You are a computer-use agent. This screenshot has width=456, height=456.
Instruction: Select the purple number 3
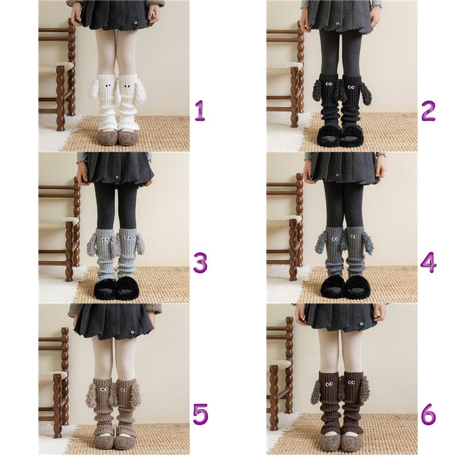[x=201, y=263]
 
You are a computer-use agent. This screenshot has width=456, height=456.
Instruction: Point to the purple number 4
[x=429, y=263]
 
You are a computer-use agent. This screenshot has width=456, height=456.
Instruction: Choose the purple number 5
[x=201, y=414]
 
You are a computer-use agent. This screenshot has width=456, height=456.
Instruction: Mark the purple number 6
[x=429, y=414]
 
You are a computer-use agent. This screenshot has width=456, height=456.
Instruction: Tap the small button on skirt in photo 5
[x=133, y=332]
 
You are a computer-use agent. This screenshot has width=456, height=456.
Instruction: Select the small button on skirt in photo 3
[x=117, y=177]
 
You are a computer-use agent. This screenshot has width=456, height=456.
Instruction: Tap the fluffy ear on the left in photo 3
[x=94, y=245]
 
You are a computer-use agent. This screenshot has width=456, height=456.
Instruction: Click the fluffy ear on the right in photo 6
[x=364, y=390]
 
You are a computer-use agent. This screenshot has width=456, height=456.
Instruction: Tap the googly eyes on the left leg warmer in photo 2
[x=329, y=84]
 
